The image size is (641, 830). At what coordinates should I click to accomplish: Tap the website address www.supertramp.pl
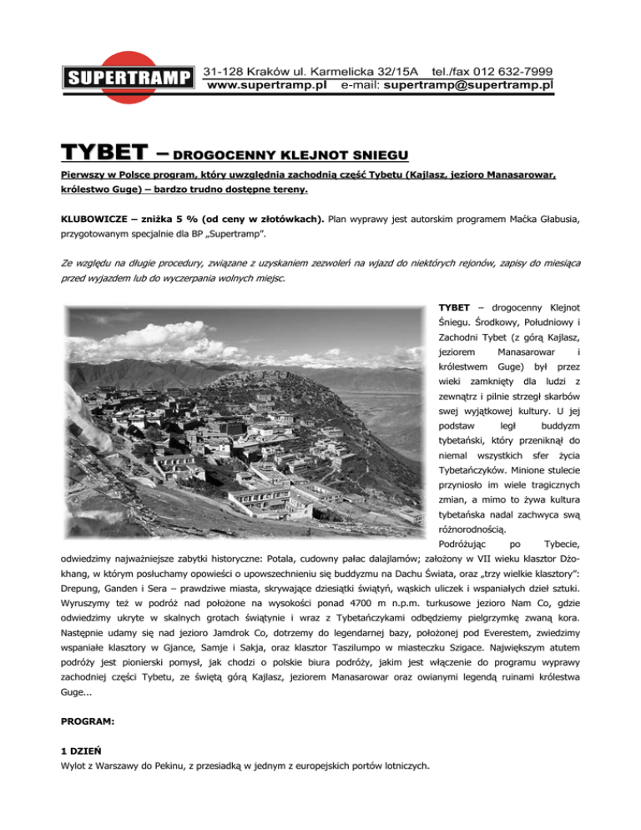[x=266, y=85]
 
